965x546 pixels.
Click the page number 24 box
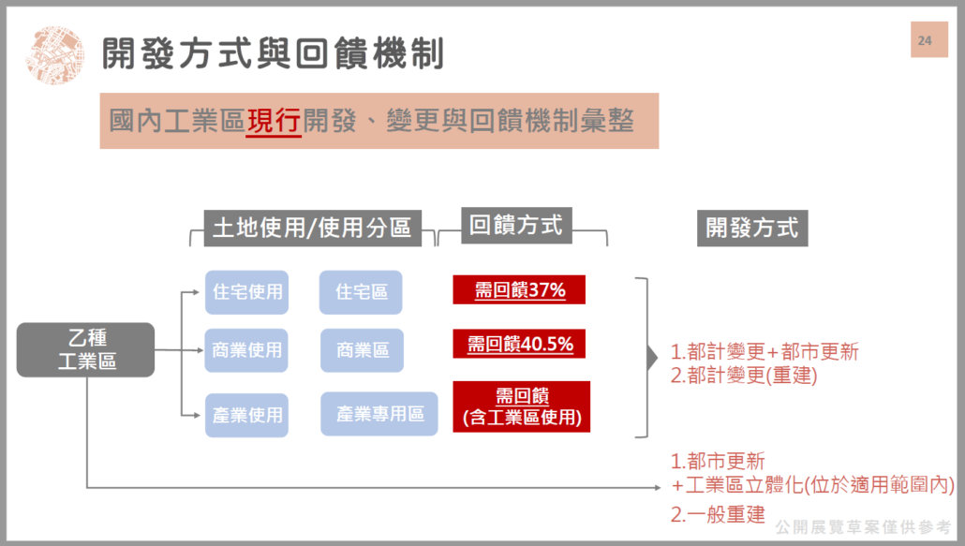point(929,40)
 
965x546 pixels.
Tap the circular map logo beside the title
point(54,54)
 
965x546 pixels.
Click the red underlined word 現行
point(274,121)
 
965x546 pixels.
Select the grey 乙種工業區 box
point(85,350)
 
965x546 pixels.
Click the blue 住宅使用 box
point(246,292)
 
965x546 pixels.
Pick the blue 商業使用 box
point(246,350)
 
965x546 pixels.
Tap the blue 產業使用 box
point(246,415)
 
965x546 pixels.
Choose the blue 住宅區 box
point(361,292)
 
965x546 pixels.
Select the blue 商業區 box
point(362,350)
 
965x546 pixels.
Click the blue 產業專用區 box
point(379,414)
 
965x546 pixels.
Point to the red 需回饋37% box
point(519,289)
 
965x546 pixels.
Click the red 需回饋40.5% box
point(519,344)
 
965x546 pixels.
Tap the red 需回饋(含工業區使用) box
point(521,406)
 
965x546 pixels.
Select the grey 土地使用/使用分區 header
point(313,229)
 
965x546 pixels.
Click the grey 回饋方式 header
point(516,226)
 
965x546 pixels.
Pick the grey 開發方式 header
point(752,229)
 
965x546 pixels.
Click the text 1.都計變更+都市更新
point(765,352)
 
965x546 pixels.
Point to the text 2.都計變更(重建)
point(744,376)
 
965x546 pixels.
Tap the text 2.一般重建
point(718,514)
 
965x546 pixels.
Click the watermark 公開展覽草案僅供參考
point(863,527)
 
